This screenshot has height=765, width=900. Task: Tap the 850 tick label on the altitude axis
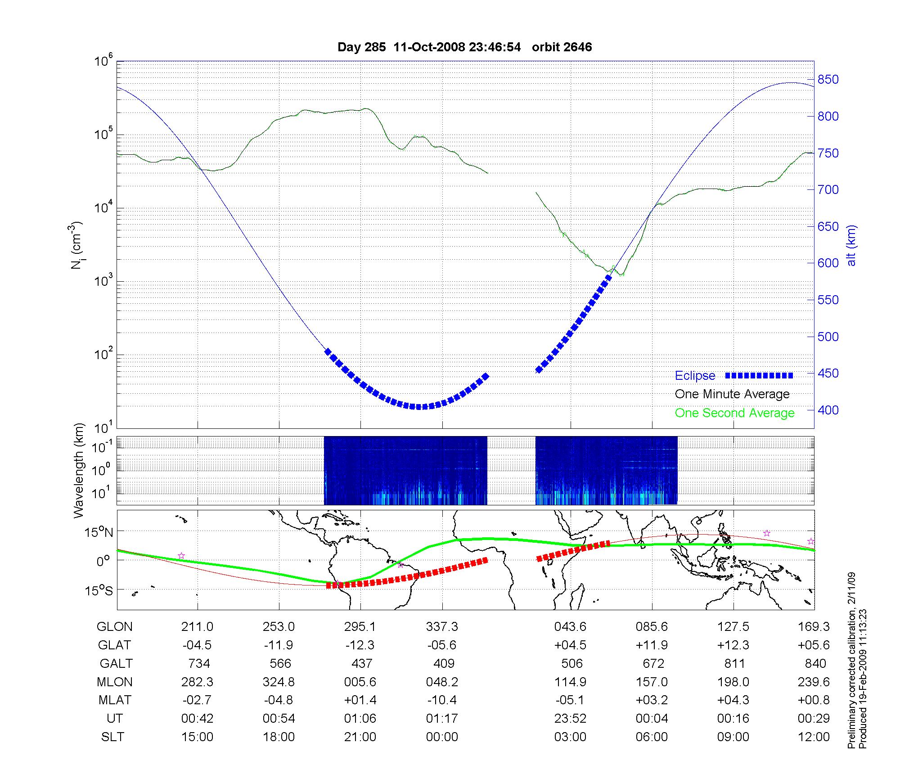828,80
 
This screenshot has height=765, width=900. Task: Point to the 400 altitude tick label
828,410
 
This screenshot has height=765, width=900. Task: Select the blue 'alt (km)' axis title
851,245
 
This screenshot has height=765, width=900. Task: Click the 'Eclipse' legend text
695,376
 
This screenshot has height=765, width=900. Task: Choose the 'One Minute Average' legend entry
732,394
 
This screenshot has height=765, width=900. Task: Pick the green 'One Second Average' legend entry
734,413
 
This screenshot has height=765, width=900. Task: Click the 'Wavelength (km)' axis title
79,470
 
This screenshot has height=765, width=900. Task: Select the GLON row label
115,627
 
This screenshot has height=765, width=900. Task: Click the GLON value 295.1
360,627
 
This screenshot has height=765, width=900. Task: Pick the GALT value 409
443,664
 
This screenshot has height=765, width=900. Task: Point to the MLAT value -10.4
442,700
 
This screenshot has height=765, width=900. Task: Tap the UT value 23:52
570,719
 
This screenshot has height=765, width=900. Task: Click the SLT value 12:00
814,737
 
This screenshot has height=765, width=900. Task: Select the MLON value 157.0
652,682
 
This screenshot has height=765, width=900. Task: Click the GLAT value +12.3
733,645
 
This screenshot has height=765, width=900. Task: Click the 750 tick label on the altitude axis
828,153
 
